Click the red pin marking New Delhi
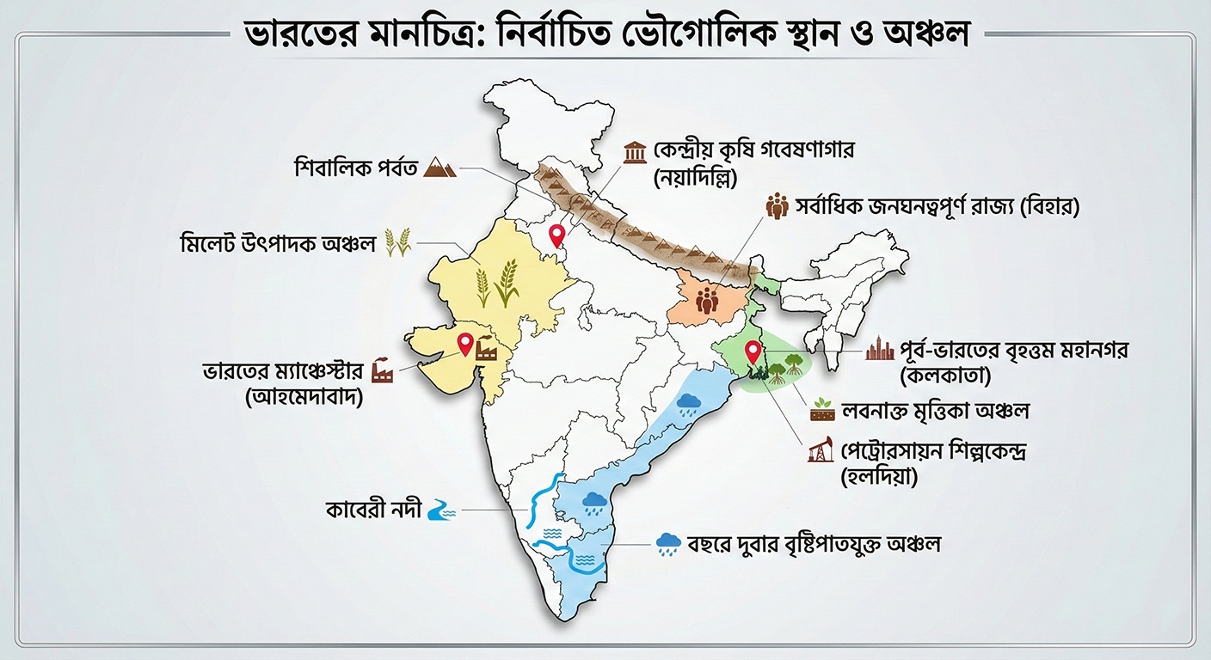(x=557, y=233)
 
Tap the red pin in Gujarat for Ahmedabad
(x=465, y=343)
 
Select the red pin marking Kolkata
(x=753, y=351)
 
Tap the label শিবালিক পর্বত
(x=355, y=167)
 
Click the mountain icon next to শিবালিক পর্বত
(x=440, y=166)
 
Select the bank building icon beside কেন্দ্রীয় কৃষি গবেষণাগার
(x=636, y=153)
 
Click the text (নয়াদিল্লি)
(x=699, y=179)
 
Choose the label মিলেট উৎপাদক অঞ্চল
(x=278, y=242)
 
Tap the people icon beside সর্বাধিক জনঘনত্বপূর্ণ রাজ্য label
(x=777, y=206)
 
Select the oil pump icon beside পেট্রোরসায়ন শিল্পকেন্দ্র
(x=821, y=450)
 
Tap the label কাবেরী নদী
(x=374, y=510)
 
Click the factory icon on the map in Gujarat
(x=488, y=350)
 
